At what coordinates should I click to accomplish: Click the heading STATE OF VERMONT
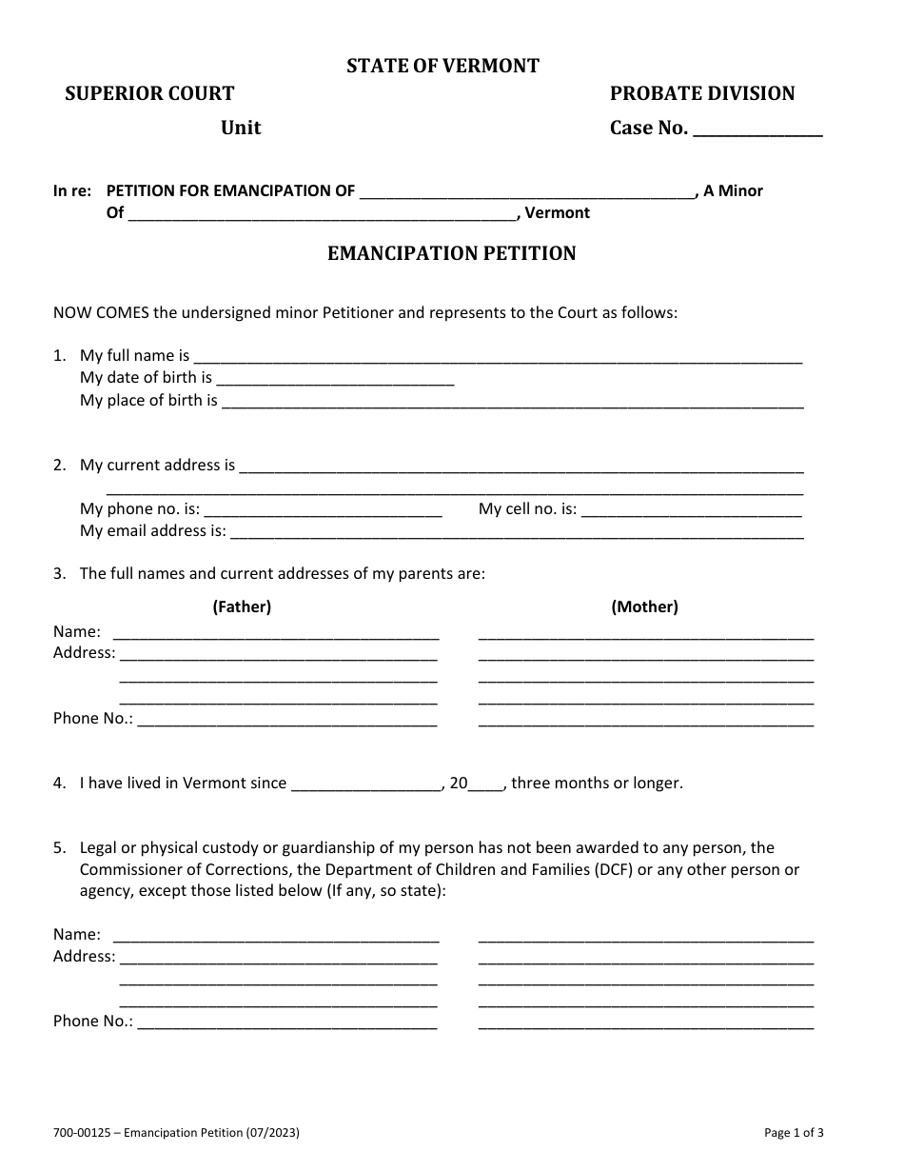(x=442, y=66)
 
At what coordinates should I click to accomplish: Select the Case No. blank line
(x=757, y=130)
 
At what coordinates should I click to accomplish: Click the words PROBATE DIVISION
(x=701, y=93)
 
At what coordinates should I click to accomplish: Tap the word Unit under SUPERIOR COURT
(x=241, y=128)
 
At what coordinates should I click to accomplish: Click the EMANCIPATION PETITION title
(x=452, y=253)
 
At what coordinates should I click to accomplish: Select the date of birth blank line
(x=335, y=380)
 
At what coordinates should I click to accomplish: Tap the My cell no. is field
(x=691, y=511)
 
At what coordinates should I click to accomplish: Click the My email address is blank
(x=517, y=533)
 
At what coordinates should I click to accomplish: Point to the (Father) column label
(x=242, y=606)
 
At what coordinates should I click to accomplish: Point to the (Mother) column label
(x=644, y=606)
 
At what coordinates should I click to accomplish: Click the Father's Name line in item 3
(x=276, y=634)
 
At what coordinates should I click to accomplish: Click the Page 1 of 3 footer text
(x=794, y=1133)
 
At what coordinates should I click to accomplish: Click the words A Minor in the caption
(x=733, y=190)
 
